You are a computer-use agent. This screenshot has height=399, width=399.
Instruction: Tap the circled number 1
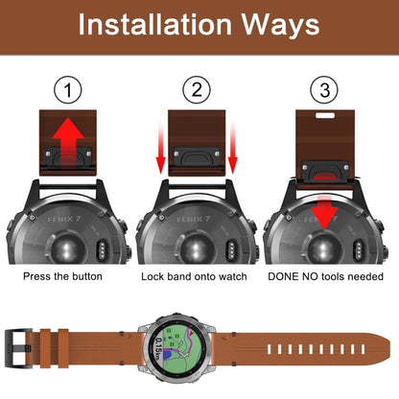(66, 91)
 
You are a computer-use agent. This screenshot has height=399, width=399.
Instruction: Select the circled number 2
(198, 91)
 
